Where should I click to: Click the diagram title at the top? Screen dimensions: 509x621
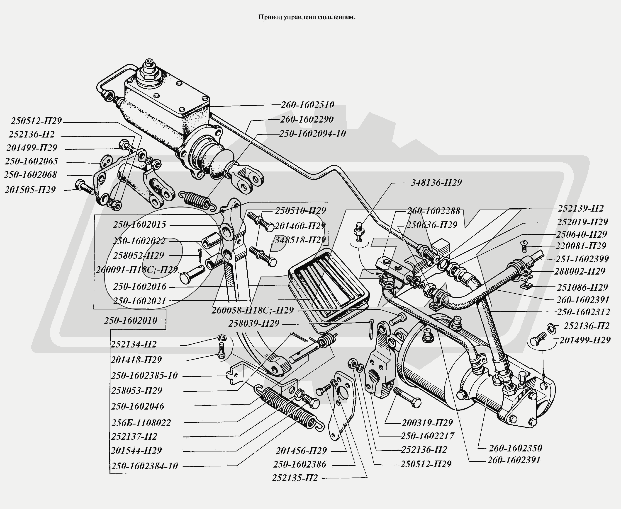306,17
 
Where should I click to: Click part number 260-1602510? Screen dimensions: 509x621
308,105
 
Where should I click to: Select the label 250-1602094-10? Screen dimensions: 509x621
312,133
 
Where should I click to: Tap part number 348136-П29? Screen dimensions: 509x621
436,182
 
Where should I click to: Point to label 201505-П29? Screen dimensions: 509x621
30,189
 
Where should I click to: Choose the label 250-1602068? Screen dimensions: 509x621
31,174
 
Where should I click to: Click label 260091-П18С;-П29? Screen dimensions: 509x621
137,270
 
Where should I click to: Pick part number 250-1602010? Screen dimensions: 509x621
131,320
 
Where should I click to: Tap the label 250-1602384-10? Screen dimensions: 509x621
144,466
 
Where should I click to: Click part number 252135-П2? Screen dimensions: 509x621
295,478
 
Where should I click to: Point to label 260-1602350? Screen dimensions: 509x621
515,448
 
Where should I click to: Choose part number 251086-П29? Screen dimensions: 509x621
582,287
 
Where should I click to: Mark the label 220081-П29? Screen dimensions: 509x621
580,246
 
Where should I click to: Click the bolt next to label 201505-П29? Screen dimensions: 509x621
84,187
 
